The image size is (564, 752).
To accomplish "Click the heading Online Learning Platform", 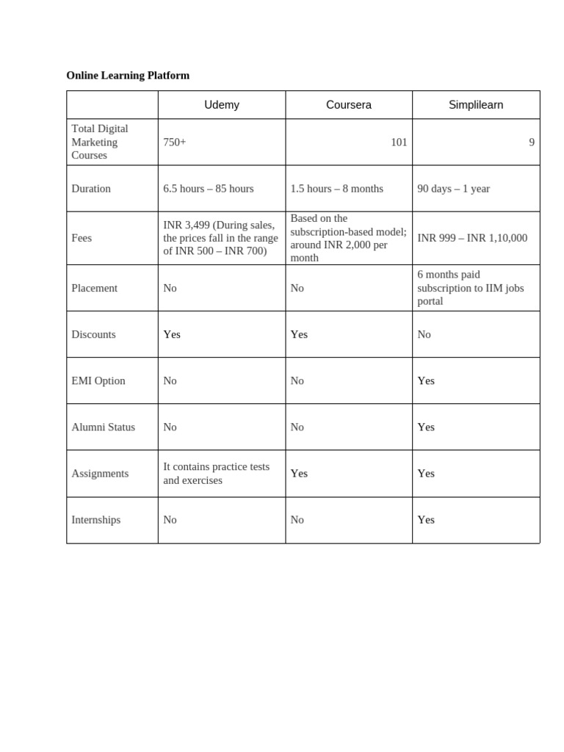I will tap(128, 76).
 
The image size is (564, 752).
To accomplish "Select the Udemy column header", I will tap(222, 105).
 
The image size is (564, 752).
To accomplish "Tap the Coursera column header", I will tap(349, 105).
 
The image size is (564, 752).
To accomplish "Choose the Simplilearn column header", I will tap(476, 105).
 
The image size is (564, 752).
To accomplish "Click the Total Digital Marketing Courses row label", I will tap(100, 142).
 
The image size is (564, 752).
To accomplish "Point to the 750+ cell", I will tap(175, 142).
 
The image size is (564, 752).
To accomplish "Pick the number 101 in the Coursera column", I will tap(399, 142).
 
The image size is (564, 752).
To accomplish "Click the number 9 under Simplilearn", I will tap(532, 142).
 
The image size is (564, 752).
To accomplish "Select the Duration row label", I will tap(91, 189).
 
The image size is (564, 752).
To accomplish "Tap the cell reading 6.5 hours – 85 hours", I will tap(209, 189).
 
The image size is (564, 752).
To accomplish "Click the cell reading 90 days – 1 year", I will tap(453, 189).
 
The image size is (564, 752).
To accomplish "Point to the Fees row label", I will tap(82, 238).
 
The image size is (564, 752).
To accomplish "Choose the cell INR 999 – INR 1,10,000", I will tap(472, 238).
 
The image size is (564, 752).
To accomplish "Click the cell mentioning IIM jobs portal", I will tap(471, 288).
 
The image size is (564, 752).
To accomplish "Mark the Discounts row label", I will tap(93, 334).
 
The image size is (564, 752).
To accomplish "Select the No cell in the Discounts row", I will tap(424, 334).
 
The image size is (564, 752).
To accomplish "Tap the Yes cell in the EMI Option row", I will tap(426, 380).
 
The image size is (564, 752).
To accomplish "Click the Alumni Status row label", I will tap(103, 427).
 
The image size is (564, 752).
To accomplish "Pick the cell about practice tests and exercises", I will tap(216, 474).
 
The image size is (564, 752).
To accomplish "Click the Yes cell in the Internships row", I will tap(426, 520).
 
